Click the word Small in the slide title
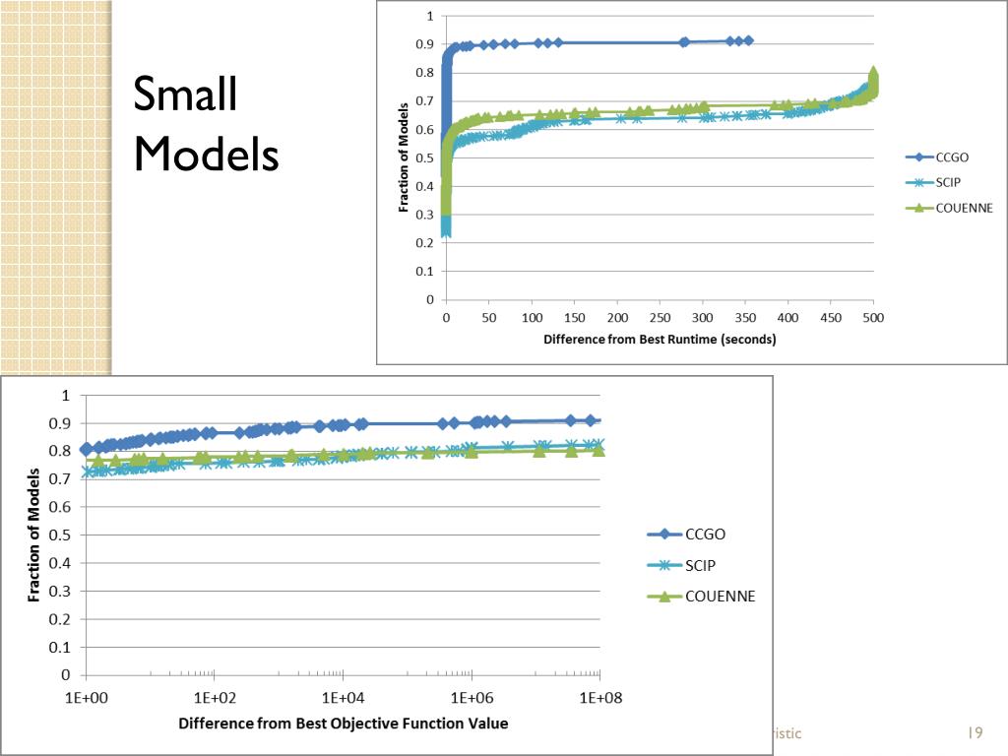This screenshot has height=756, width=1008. tap(185, 95)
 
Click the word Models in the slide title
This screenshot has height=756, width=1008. tap(206, 154)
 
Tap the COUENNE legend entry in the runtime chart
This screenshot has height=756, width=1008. tap(965, 209)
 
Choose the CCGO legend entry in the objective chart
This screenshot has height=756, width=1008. tap(706, 535)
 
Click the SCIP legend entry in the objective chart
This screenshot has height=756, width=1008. tap(700, 565)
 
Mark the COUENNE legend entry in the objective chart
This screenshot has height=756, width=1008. tap(720, 597)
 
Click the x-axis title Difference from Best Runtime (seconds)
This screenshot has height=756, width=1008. tap(660, 340)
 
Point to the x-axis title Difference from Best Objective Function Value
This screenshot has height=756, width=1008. tap(344, 724)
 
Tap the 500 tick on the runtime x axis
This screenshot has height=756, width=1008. tap(872, 319)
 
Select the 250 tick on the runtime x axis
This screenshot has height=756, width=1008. tap(660, 319)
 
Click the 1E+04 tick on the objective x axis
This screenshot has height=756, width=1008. tap(343, 698)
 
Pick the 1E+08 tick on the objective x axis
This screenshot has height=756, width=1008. tap(598, 698)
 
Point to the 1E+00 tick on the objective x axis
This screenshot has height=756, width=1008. tap(87, 698)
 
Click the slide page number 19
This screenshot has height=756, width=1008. tap(976, 733)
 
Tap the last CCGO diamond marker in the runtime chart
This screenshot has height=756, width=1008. tap(748, 40)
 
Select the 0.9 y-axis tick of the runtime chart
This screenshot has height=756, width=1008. tap(424, 44)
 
